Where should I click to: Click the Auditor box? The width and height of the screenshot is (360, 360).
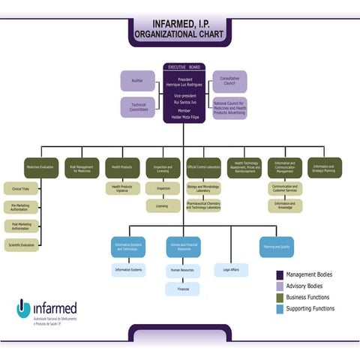[x=137, y=81]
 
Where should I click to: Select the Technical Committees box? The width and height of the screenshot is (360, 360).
[x=138, y=107]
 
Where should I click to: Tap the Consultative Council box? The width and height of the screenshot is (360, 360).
[x=229, y=81]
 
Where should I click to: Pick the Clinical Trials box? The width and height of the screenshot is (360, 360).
[x=21, y=189]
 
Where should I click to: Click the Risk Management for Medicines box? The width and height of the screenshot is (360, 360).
[x=81, y=167]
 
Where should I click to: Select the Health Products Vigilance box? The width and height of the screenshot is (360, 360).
[x=121, y=188]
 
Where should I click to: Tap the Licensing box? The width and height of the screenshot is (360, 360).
[x=162, y=205]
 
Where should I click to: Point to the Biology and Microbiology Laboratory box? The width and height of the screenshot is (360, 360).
[x=203, y=189]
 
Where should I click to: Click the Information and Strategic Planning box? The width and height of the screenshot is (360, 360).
[x=324, y=167]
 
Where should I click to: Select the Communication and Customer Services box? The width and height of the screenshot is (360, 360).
[x=284, y=188]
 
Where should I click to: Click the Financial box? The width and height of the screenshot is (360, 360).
[x=183, y=288]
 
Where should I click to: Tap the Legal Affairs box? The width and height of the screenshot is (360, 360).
[x=231, y=268]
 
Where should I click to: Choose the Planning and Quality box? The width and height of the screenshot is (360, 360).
[x=276, y=247]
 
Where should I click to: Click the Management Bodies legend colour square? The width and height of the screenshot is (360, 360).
[x=280, y=275]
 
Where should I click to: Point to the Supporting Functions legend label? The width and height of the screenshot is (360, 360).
[x=310, y=308]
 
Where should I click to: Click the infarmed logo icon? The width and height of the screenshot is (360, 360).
[x=24, y=308]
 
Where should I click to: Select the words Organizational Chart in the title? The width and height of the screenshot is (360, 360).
[x=179, y=34]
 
